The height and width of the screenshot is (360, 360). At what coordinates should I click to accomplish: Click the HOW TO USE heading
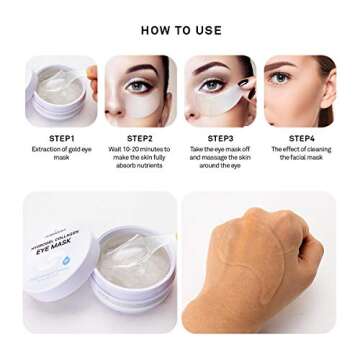pyautogui.click(x=181, y=31)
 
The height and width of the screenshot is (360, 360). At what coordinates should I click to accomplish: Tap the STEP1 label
pyautogui.click(x=60, y=138)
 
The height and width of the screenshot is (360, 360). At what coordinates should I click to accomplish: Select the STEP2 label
pyautogui.click(x=140, y=138)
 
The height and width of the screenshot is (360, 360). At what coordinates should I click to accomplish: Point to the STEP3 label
pyautogui.click(x=220, y=138)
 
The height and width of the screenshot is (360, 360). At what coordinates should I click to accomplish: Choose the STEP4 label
pyautogui.click(x=301, y=138)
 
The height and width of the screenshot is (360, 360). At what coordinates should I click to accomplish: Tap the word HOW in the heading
pyautogui.click(x=153, y=31)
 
